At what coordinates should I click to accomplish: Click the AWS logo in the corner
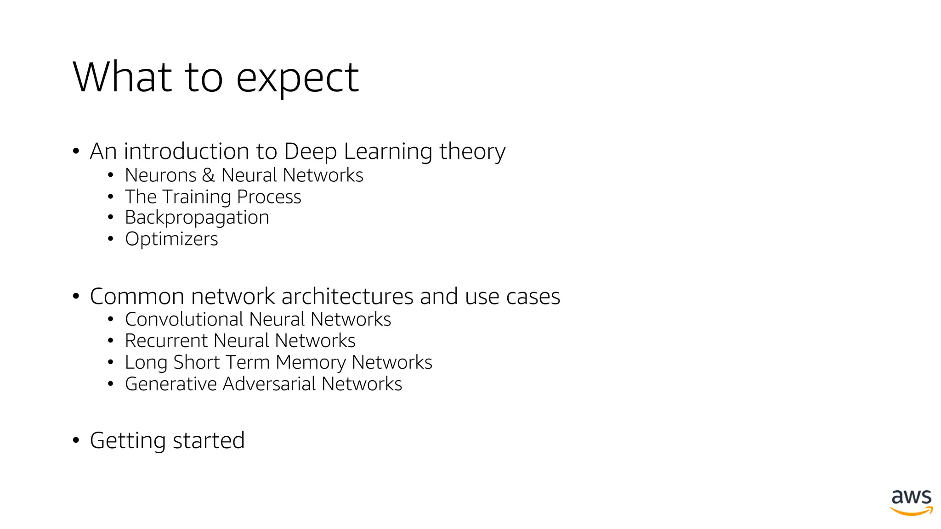(912, 502)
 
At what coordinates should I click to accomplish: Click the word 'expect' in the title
(297, 78)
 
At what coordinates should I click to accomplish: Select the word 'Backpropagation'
(197, 218)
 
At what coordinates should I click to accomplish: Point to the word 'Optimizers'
(171, 239)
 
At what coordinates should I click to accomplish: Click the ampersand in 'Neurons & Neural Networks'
(208, 175)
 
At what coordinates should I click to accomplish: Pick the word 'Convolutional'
(184, 320)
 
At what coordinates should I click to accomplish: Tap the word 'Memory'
(311, 363)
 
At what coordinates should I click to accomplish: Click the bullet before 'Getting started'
(76, 440)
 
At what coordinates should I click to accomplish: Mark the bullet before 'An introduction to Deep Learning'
(76, 151)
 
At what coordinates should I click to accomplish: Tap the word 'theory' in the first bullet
(472, 152)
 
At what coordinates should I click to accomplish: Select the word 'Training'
(197, 197)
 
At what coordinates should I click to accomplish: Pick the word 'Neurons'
(160, 175)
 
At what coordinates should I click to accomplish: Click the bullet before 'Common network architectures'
(76, 296)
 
